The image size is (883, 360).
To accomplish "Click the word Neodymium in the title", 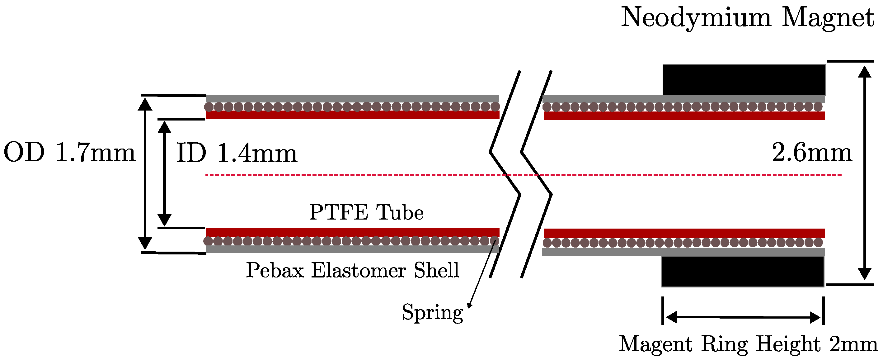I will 696,18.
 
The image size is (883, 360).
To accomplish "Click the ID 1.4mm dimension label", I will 237,153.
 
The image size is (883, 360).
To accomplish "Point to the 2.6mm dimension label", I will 812,153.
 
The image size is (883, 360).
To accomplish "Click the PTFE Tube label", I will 366,212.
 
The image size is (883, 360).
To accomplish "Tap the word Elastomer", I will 359,270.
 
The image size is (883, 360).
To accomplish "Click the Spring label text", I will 432,312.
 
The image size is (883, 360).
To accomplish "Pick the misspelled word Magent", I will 655,344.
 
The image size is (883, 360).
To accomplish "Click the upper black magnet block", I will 744,79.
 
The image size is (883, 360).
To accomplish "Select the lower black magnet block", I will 743,272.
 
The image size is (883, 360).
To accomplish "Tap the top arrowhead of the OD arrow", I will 145,104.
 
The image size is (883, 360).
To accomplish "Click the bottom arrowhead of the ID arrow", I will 165,220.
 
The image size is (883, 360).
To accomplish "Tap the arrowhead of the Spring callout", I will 469,306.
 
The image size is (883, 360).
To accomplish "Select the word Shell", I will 436,270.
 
